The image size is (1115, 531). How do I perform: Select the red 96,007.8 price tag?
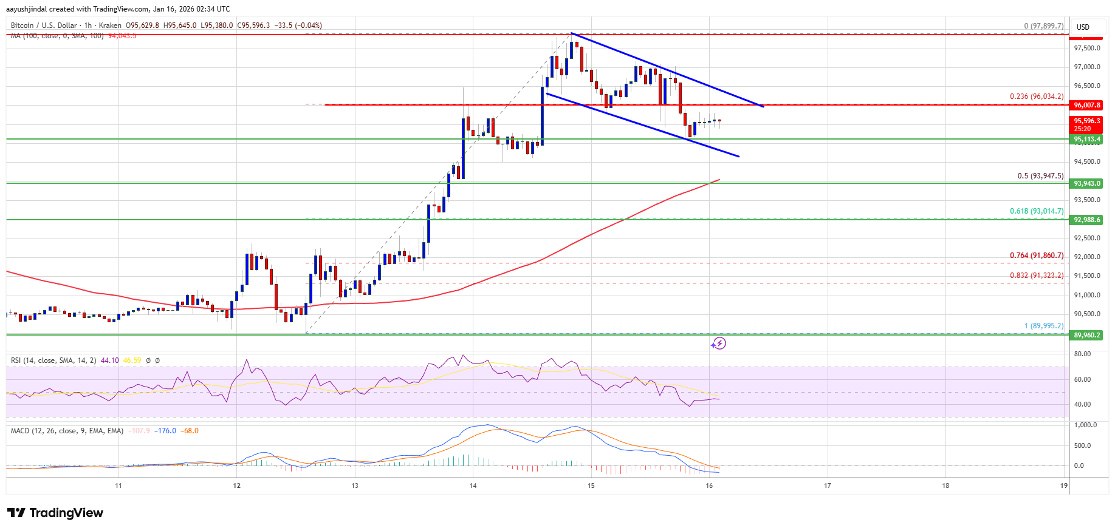(x=1086, y=105)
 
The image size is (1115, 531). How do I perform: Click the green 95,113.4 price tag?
(x=1086, y=139)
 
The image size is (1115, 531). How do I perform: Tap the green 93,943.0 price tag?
(x=1086, y=183)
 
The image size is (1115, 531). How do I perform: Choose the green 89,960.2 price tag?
(x=1086, y=335)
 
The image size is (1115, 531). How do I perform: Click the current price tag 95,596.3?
(x=1086, y=124)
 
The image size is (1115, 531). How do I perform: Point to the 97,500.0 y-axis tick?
(x=1086, y=48)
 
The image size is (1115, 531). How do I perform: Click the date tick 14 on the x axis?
(x=473, y=485)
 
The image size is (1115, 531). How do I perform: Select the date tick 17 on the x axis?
(x=827, y=485)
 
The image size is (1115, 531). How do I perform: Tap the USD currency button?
(x=1083, y=27)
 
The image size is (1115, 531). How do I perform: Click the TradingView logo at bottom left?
(x=55, y=513)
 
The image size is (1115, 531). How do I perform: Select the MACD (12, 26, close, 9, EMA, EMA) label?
(x=67, y=431)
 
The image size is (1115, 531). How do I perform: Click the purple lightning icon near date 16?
(x=718, y=343)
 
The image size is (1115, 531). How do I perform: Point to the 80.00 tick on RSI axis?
(x=1082, y=354)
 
